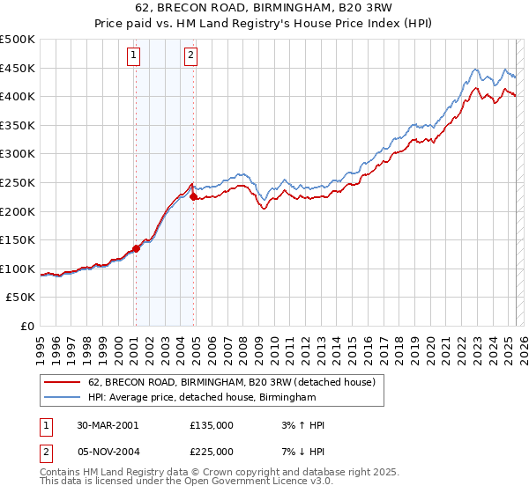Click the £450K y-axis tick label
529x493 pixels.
point(18,68)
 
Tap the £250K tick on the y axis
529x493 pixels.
point(18,182)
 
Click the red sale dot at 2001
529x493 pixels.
point(137,248)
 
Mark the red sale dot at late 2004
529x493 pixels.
point(193,197)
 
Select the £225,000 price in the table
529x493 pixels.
point(212,451)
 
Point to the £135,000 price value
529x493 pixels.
point(212,425)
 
